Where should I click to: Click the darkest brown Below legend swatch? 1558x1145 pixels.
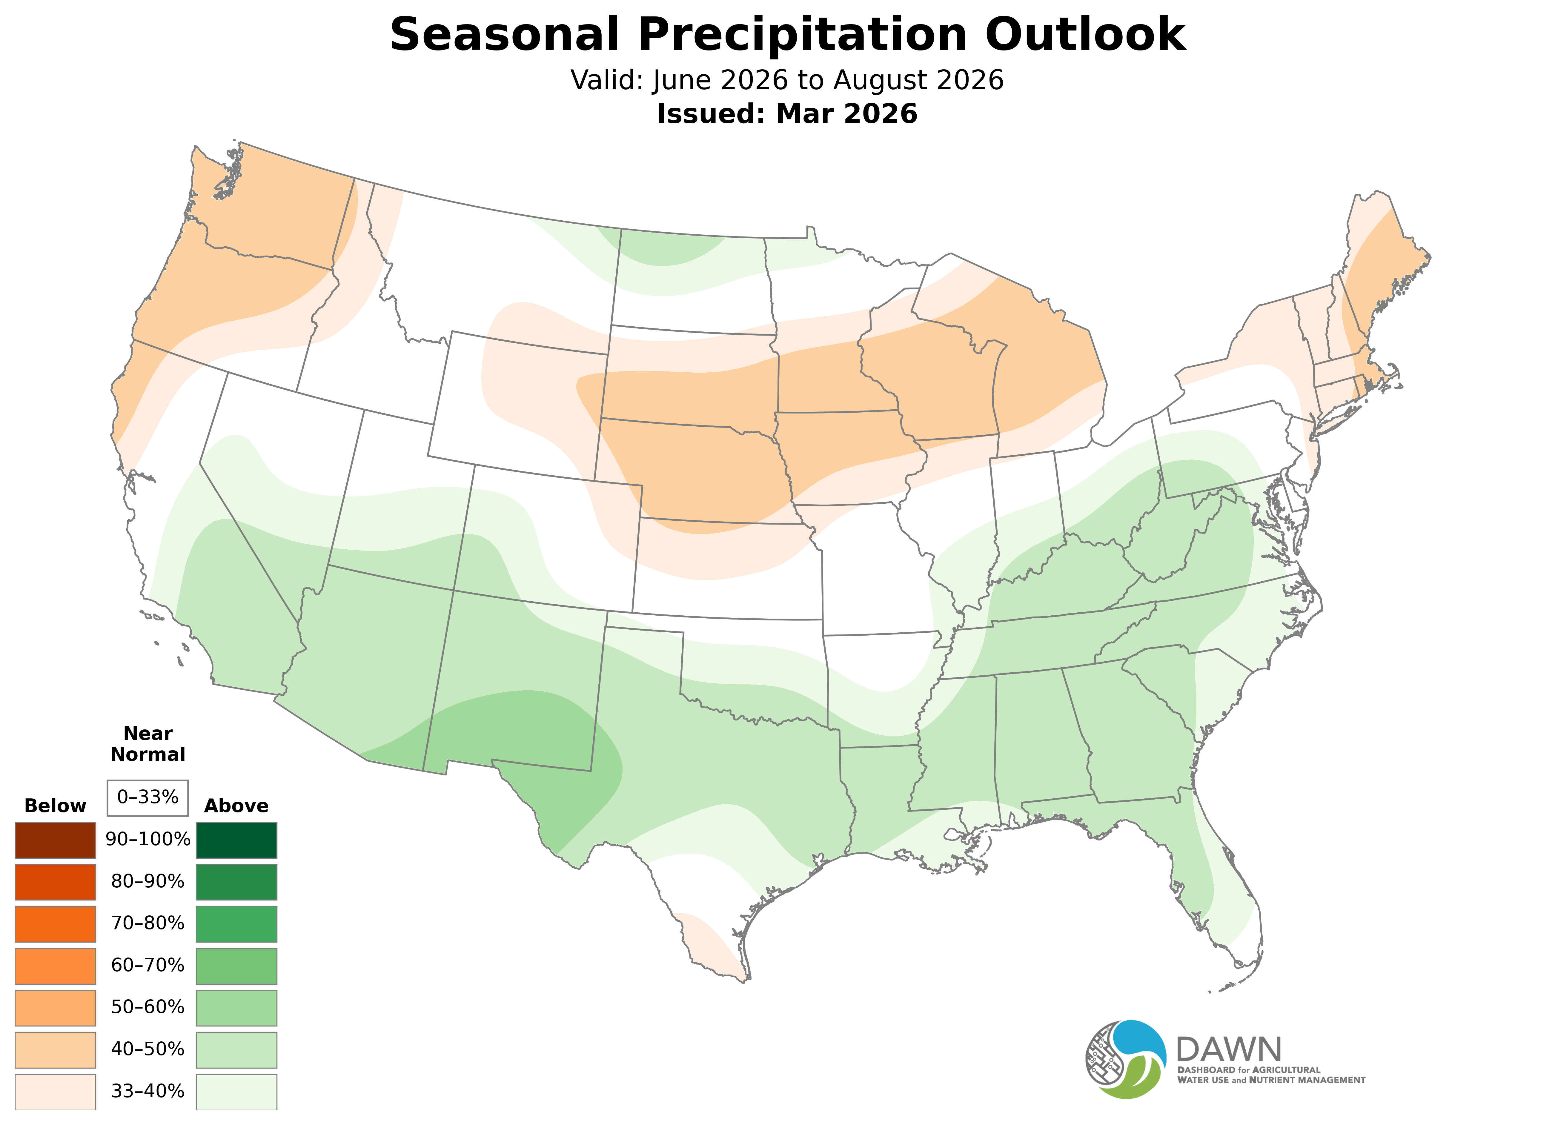tap(56, 840)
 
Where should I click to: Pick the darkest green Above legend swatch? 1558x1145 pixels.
tap(236, 840)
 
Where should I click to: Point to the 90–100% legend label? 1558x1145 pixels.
tap(147, 839)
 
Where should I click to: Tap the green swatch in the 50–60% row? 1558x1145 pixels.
tap(236, 1008)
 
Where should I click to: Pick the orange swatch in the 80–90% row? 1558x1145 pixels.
tap(56, 882)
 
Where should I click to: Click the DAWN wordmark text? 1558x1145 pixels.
tap(1228, 1050)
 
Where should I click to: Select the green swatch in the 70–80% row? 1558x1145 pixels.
tap(236, 924)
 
